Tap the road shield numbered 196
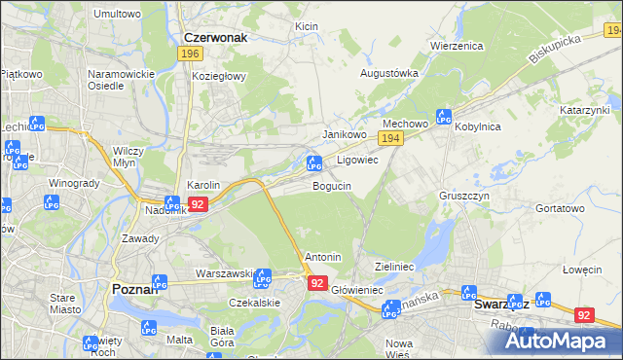coord(190,54)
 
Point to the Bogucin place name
coord(332,186)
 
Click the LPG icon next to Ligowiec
coord(314,162)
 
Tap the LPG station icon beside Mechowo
coord(444,117)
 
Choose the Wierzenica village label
coord(457,45)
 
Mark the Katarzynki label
coord(584,111)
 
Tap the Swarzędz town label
coord(500,304)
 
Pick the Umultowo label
coord(117,15)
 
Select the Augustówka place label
coord(390,73)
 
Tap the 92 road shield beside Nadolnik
coord(198,204)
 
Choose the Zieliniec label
coord(395,266)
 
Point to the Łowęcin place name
coord(581,270)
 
